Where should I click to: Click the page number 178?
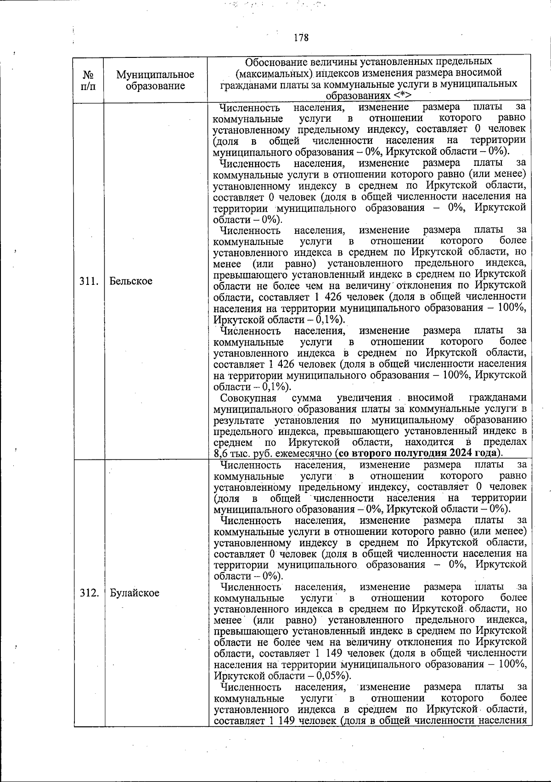point(301,38)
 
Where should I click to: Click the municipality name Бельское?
point(131,281)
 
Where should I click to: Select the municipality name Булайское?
point(135,593)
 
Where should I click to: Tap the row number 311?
point(90,281)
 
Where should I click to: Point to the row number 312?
point(90,593)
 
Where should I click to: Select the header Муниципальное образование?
point(155,80)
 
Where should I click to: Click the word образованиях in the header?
point(358,96)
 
